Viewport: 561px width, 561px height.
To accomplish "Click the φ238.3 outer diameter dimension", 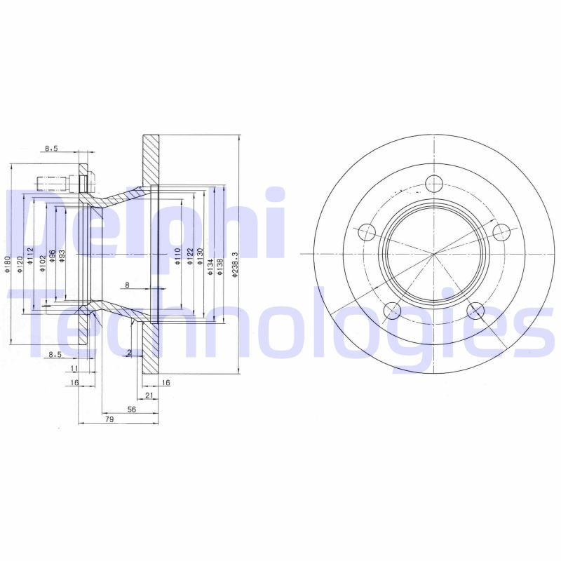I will pyautogui.click(x=236, y=265).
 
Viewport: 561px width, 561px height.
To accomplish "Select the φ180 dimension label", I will pyautogui.click(x=8, y=264).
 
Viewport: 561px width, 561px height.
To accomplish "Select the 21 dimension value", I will pyautogui.click(x=149, y=396).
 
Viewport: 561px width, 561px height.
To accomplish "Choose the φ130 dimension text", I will pyautogui.click(x=200, y=256).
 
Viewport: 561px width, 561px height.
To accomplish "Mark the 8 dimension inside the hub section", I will pyautogui.click(x=127, y=285).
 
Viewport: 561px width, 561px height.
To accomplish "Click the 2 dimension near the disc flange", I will pyautogui.click(x=130, y=352).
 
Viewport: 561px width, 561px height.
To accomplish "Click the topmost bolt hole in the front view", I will pyautogui.click(x=434, y=184).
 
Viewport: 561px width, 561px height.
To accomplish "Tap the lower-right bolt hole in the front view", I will pyautogui.click(x=476, y=311).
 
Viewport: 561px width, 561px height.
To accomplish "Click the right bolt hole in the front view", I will pyautogui.click(x=501, y=231).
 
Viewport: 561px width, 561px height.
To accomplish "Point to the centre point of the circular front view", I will pyautogui.click(x=434, y=253).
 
